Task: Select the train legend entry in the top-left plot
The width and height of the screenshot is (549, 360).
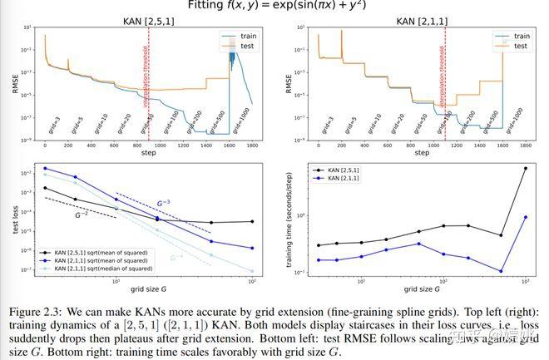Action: coord(242,37)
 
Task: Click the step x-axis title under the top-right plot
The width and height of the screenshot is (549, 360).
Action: coord(422,153)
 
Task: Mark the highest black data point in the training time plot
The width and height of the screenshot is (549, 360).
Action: coord(525,168)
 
